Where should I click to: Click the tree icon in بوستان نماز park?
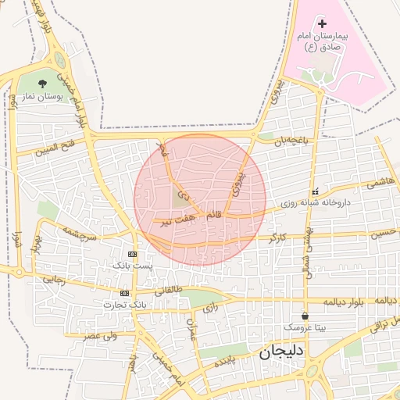(43, 83)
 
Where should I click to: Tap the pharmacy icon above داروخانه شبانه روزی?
(315, 191)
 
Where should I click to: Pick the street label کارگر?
(278, 236)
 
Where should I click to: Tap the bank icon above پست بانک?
(132, 254)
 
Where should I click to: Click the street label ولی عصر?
(101, 335)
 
